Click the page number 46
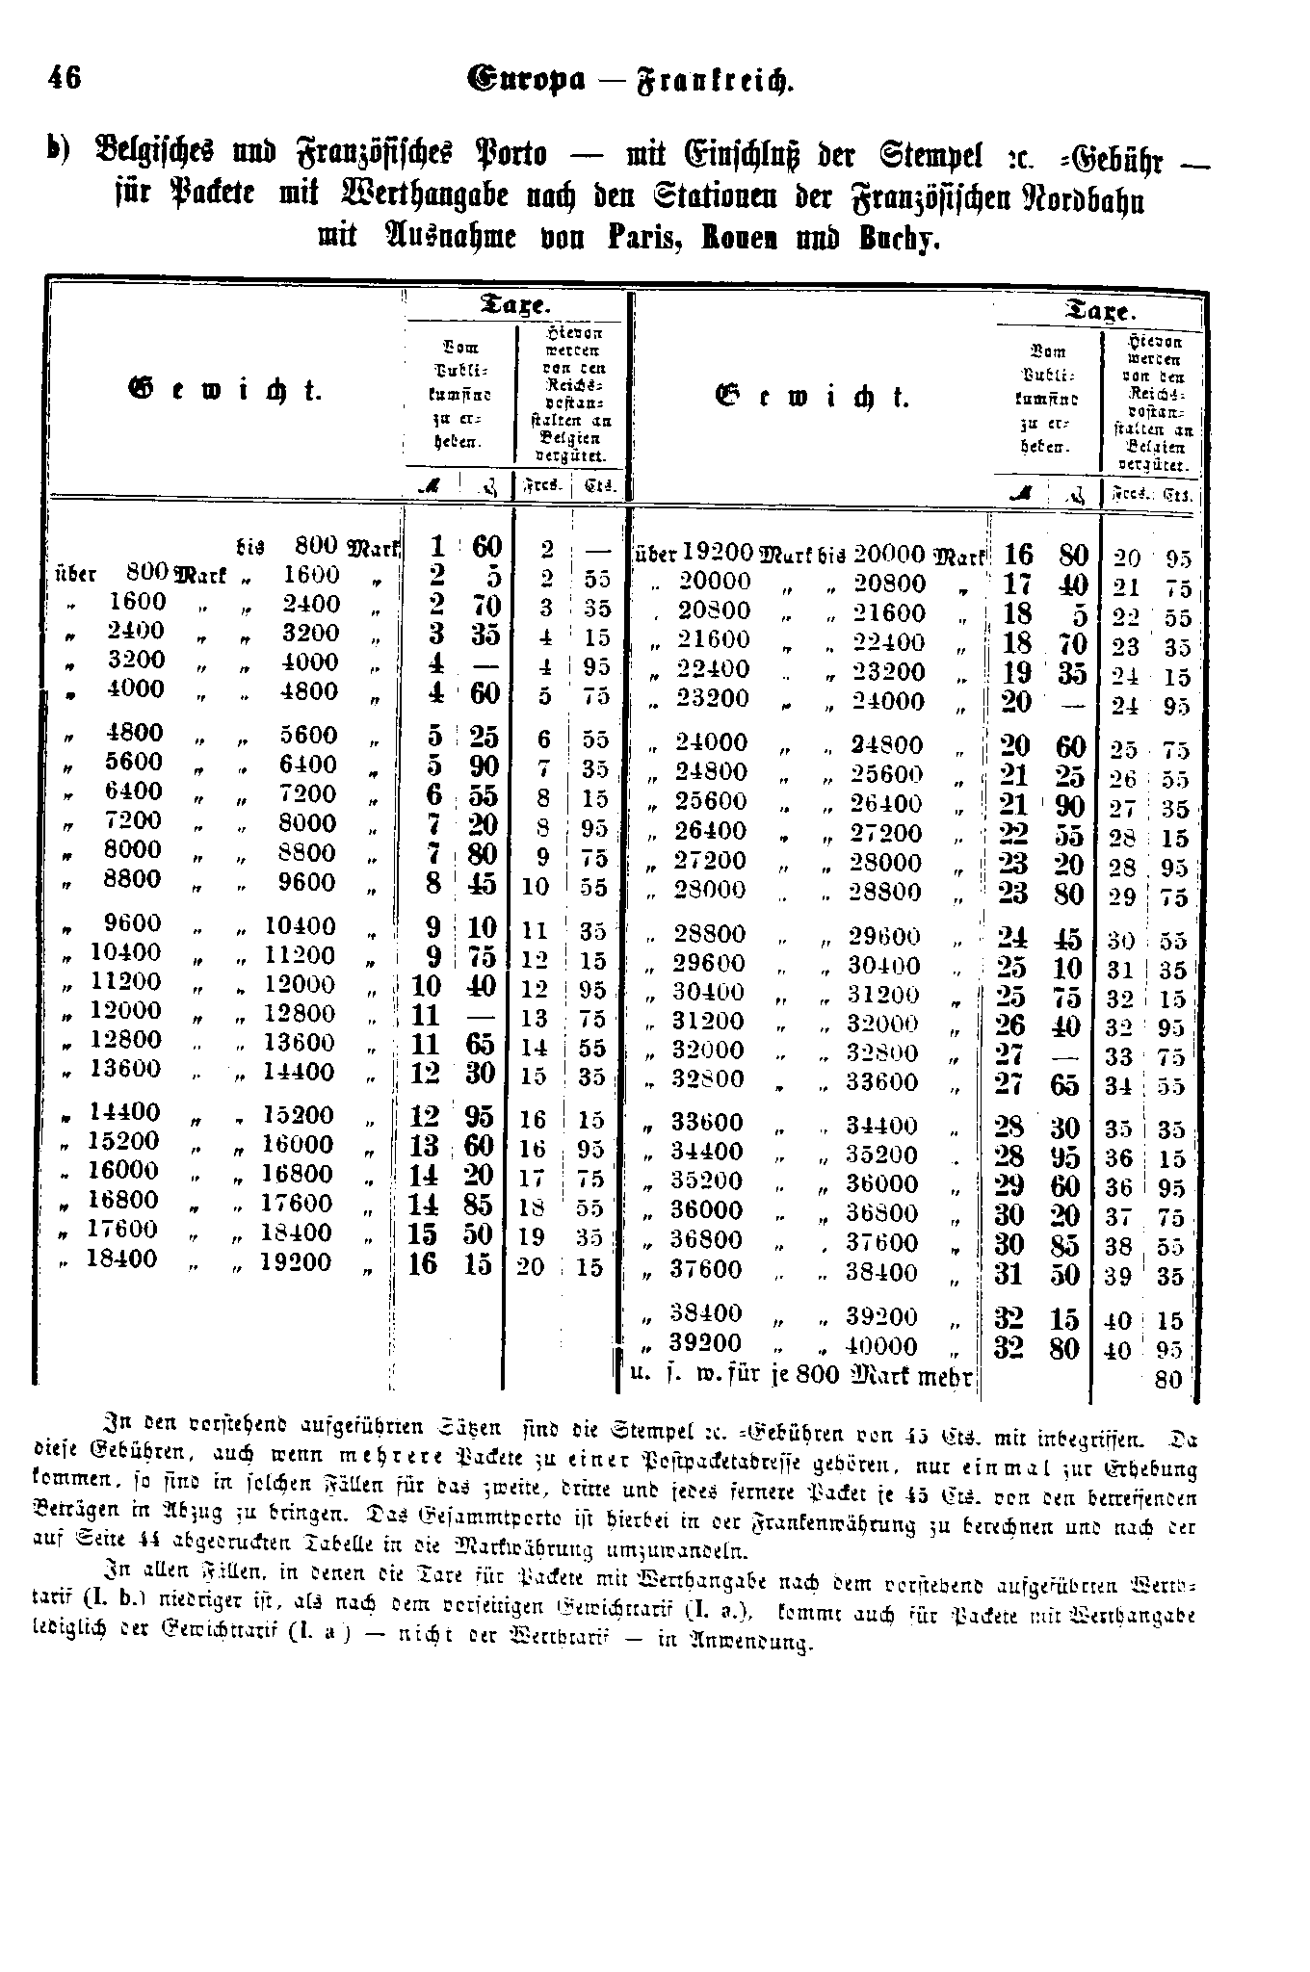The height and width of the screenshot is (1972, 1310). (x=64, y=77)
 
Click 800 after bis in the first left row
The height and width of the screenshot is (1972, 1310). (x=316, y=546)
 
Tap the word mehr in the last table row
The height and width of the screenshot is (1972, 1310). (x=940, y=1375)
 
